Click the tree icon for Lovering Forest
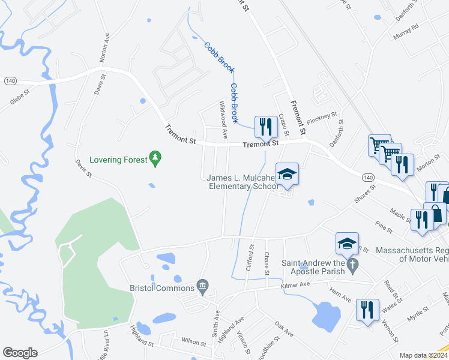(x=156, y=158)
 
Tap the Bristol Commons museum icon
(x=203, y=287)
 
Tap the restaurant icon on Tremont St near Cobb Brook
(x=265, y=127)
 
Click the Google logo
(x=20, y=353)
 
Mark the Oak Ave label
(x=283, y=328)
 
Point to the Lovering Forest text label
(x=118, y=160)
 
